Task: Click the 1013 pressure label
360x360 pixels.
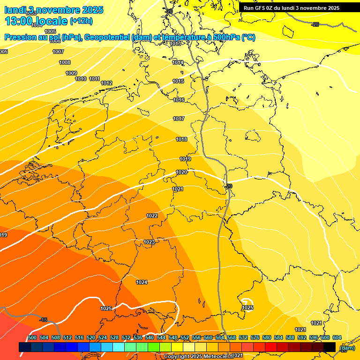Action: tap(176, 44)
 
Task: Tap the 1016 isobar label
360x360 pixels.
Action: tap(179, 100)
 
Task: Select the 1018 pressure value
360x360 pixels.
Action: tap(181, 139)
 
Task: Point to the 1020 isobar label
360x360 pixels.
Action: tap(182, 172)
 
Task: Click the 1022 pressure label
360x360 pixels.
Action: tap(152, 216)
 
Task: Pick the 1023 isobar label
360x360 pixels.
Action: tap(149, 242)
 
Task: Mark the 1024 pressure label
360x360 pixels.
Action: tap(142, 282)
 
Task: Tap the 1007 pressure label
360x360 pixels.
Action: tap(58, 52)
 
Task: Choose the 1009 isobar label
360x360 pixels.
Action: tap(71, 73)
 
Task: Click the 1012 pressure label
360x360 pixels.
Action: tap(106, 83)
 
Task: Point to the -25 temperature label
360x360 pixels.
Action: tap(315, 24)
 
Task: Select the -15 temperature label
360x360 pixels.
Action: tap(44, 320)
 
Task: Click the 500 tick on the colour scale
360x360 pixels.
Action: tap(32, 337)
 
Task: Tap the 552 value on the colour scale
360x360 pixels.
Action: tap(185, 337)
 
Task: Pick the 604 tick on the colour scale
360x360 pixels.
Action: tap(337, 337)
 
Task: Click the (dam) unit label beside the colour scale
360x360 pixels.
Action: tap(347, 347)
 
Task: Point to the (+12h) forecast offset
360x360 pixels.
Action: tap(81, 21)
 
